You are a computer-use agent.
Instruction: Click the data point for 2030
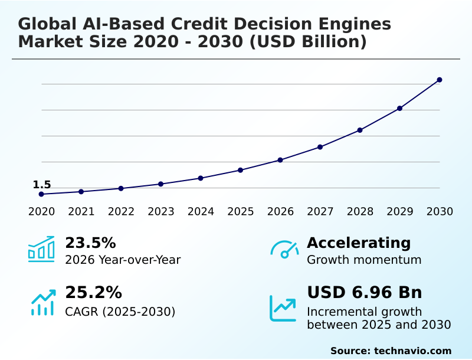440,80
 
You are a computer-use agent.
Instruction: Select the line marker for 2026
280,160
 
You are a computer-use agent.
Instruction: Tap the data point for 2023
160,184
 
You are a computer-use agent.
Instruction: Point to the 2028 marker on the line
360,130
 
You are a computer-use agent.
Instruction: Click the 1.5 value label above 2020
42,185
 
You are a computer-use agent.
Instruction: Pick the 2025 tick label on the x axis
241,211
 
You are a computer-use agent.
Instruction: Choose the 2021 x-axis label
81,211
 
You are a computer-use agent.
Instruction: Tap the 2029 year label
400,211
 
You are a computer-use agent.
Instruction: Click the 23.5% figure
90,243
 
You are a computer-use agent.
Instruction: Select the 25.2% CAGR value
93,293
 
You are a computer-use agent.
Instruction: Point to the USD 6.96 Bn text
365,293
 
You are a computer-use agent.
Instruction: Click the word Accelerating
359,243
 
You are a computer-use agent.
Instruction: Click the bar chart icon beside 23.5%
41,250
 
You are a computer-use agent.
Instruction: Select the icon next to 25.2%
42,302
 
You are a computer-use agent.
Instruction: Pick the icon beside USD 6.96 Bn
283,308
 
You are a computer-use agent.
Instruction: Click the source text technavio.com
412,351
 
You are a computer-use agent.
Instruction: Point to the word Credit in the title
204,24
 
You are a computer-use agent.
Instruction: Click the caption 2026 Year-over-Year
123,260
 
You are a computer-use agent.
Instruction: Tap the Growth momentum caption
364,260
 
